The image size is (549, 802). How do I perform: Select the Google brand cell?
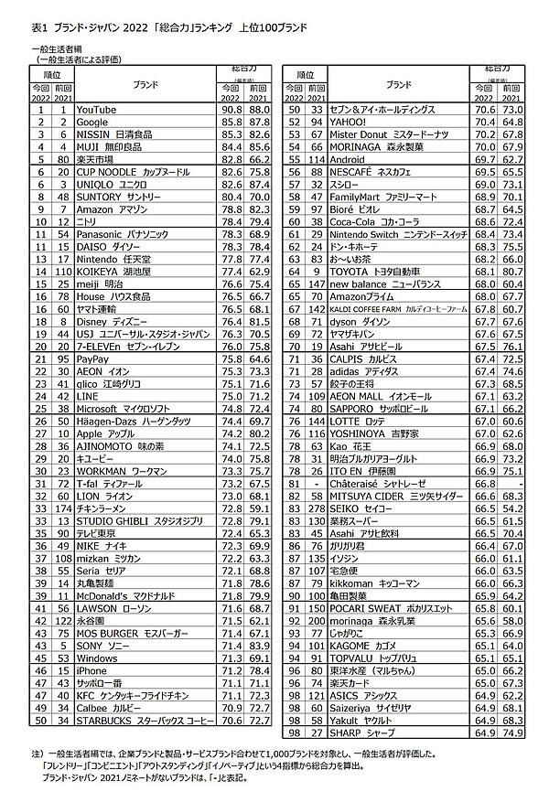click(92, 122)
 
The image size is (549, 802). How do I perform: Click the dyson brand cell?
click(360, 322)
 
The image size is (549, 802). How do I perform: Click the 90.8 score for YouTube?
click(229, 110)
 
